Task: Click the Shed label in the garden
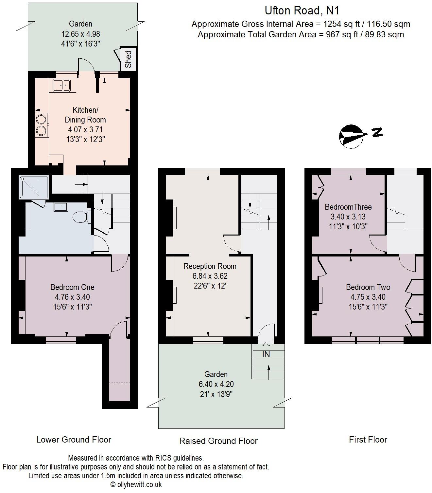[129, 59]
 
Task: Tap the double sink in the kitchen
[61, 86]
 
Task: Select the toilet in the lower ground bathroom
[80, 217]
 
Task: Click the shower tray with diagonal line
[34, 187]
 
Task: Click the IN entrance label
[266, 354]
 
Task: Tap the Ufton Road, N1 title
[302, 10]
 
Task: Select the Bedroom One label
[72, 287]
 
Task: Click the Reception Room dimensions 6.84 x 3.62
[210, 276]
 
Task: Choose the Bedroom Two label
[368, 287]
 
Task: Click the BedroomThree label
[348, 207]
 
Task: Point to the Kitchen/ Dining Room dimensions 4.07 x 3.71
[85, 129]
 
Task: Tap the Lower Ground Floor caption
[74, 440]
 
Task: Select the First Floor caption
[368, 440]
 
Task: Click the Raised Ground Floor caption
[218, 441]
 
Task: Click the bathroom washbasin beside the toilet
[61, 207]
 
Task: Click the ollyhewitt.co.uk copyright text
[136, 484]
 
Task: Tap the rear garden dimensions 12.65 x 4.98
[80, 34]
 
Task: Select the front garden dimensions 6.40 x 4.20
[216, 384]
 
